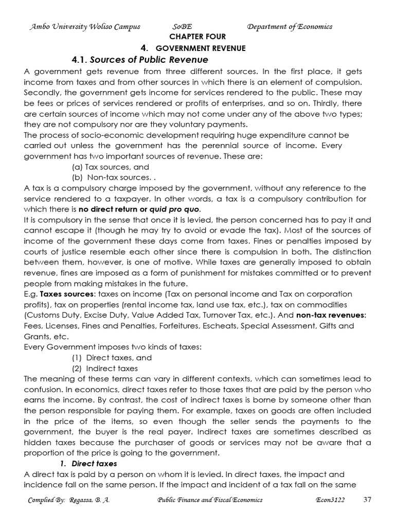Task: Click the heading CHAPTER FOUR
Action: tap(197, 37)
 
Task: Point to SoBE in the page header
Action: tap(184, 26)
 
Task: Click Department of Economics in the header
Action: tap(290, 26)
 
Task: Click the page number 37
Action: tap(367, 499)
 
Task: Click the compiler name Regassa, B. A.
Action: tap(95, 500)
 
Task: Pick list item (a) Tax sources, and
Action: tap(110, 167)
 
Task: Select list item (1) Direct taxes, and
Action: tap(112, 357)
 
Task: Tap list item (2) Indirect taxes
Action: tap(104, 368)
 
